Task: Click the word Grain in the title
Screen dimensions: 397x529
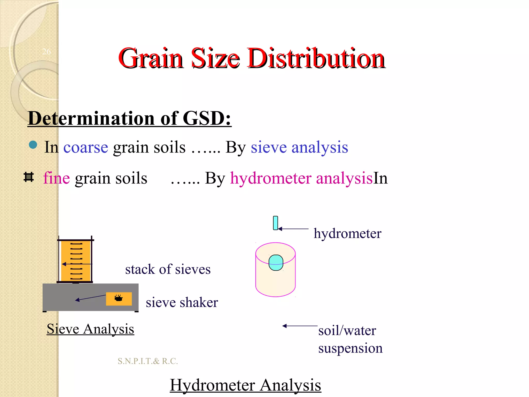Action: coord(151,59)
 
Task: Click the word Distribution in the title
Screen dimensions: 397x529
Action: coord(316,59)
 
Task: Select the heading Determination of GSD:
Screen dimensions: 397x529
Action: coord(129,119)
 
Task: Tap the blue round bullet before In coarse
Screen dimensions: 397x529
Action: coord(33,145)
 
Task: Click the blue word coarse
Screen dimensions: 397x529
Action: coord(85,148)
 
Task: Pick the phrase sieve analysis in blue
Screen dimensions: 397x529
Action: coord(299,148)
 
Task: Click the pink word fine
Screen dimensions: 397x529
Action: coord(56,178)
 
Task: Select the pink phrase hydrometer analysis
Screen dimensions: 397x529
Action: coord(301,178)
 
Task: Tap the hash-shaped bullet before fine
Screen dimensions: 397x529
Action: coord(29,177)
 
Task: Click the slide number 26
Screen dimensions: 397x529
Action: coord(46,52)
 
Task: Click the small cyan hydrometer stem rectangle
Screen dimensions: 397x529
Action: coord(275,223)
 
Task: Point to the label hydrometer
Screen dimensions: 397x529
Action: coord(347,233)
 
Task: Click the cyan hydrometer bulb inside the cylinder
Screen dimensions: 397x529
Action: coord(276,263)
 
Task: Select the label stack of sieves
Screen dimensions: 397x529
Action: coord(168,269)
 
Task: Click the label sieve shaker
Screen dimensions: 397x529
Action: coord(182,302)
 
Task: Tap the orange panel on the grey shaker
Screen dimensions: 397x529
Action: coord(119,299)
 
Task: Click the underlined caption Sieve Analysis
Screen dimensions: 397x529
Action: coord(90,329)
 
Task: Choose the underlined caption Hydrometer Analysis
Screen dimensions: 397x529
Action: coord(245,385)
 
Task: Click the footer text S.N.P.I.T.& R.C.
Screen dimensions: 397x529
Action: coord(148,361)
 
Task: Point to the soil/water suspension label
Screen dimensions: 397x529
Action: coord(350,339)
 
